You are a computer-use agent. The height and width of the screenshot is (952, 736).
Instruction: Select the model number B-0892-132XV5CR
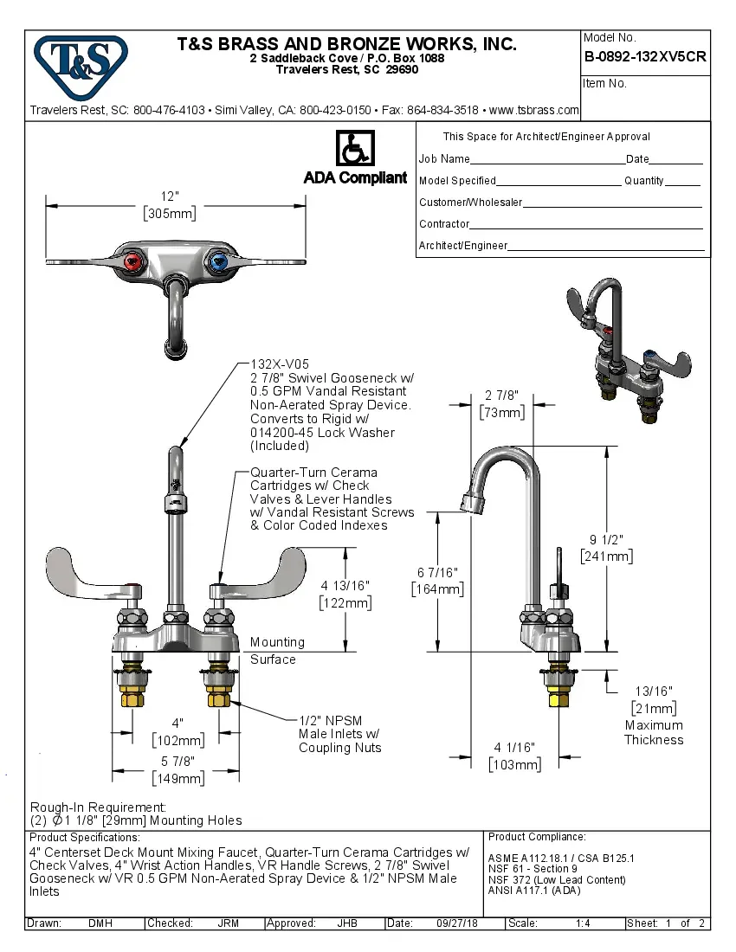(645, 56)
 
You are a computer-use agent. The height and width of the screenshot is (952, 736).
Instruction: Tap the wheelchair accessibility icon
(354, 149)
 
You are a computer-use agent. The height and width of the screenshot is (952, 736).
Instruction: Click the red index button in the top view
(132, 262)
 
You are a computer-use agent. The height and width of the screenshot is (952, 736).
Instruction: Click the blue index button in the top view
(217, 262)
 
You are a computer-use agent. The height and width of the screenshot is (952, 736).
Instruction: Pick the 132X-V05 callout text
(280, 364)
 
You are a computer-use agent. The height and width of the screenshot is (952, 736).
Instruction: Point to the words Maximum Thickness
(654, 732)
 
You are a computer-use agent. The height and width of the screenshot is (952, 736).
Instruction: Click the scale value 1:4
(583, 923)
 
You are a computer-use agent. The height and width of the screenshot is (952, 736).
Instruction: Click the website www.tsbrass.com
(534, 111)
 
